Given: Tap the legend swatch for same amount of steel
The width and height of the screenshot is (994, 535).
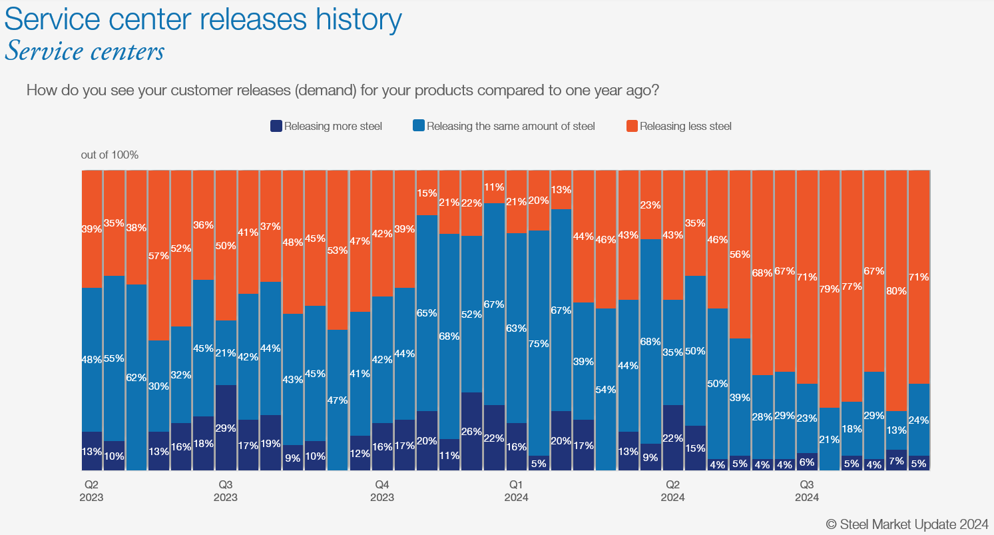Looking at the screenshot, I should [x=419, y=126].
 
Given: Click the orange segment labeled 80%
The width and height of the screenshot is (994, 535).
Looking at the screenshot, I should [x=896, y=290].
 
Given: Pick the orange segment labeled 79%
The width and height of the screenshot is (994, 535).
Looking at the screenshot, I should [x=829, y=288].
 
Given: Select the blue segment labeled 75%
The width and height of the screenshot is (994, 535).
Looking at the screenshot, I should [x=539, y=343].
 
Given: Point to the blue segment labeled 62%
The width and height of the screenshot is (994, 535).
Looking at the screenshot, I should [x=136, y=377].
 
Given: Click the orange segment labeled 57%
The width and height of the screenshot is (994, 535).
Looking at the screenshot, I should [x=158, y=255].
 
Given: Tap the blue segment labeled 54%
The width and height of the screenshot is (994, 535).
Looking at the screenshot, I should [x=606, y=389].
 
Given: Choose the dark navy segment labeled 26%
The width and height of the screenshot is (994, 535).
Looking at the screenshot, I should [x=471, y=431].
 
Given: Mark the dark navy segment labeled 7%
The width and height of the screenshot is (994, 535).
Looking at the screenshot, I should [x=896, y=460].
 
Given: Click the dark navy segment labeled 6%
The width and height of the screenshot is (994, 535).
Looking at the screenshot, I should [x=807, y=462].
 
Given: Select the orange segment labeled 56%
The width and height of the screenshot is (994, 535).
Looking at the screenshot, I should [x=740, y=254].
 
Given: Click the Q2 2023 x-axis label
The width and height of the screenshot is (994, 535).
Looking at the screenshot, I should [x=91, y=491].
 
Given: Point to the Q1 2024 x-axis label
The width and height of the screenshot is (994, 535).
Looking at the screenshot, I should [x=516, y=491].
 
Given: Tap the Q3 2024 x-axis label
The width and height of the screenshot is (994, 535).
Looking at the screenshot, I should [x=807, y=491].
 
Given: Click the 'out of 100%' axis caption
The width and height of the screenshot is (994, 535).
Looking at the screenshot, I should [x=110, y=155].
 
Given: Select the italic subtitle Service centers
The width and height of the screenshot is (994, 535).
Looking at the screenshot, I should [x=85, y=51].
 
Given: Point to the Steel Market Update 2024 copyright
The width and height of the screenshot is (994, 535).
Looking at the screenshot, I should [x=907, y=524].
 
